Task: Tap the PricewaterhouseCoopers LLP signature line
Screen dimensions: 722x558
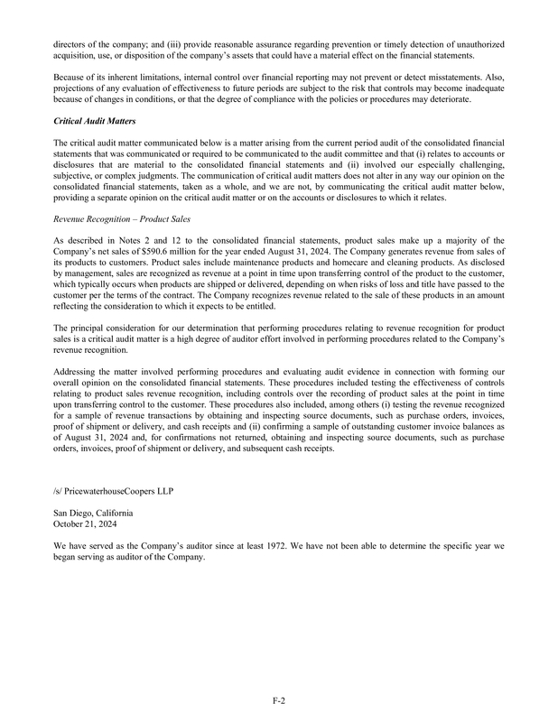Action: (113, 491)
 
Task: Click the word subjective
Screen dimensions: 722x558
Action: (75, 173)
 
